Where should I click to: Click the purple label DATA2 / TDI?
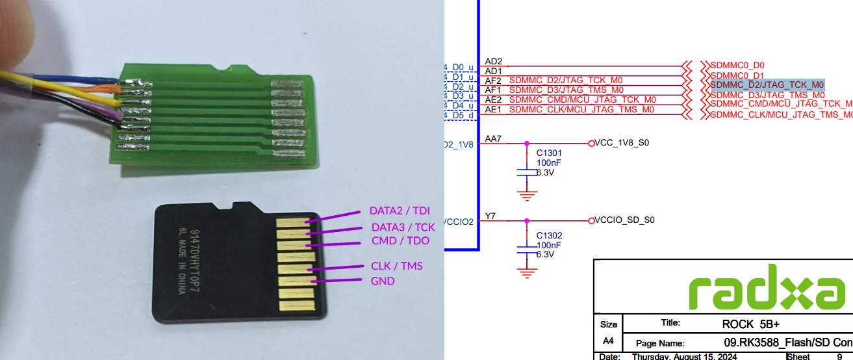(399, 211)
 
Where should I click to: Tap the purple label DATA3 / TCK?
(403, 227)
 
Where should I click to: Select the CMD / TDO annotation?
(400, 240)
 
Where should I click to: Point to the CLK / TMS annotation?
(396, 266)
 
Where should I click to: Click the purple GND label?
(383, 281)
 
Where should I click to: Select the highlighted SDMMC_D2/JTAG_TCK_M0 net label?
(767, 84)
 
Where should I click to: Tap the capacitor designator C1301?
(549, 153)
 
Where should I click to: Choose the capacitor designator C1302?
(549, 235)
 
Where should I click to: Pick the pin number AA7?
(494, 139)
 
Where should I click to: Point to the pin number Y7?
(490, 216)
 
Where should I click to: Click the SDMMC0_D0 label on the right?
(737, 65)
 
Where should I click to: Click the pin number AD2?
(494, 61)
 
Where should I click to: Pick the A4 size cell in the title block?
(609, 341)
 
